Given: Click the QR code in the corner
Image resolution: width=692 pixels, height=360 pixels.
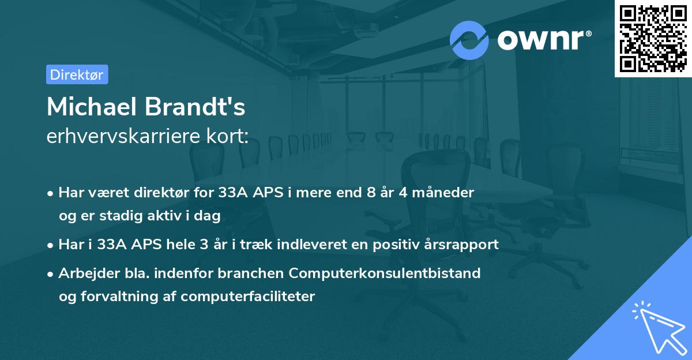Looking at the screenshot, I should [x=653, y=38].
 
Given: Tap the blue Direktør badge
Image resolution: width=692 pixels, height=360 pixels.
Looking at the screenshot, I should [x=77, y=74].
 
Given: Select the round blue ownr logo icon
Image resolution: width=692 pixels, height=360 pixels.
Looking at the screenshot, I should [x=469, y=40].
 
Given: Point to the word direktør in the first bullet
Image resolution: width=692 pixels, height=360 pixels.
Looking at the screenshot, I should [x=167, y=193].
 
